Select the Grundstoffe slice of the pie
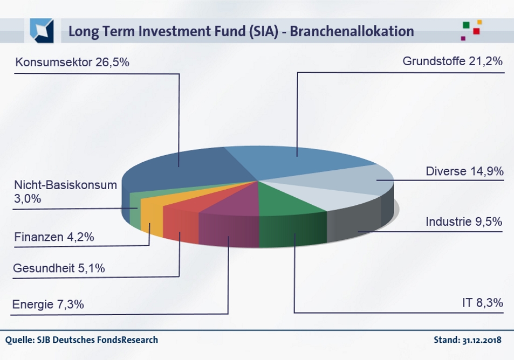[295, 161]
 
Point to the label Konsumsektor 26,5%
[72, 62]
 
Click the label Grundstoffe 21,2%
[453, 61]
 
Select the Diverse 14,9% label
[464, 171]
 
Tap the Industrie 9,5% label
[464, 221]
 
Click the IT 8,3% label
[483, 303]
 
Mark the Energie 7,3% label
[48, 304]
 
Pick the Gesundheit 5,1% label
[59, 268]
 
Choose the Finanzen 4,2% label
[54, 237]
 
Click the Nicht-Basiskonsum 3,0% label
[66, 192]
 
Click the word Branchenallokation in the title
[352, 31]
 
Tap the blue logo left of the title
[42, 31]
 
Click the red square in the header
[476, 31]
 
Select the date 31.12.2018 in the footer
[482, 340]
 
